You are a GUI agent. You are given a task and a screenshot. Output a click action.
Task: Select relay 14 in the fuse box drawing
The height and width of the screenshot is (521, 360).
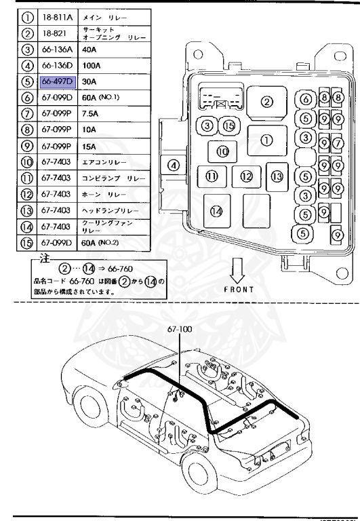(x=216, y=210)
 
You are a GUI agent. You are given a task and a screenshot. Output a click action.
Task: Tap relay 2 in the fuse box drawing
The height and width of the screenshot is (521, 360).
(x=266, y=102)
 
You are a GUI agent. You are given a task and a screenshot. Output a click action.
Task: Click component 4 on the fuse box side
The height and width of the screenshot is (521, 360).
(x=173, y=164)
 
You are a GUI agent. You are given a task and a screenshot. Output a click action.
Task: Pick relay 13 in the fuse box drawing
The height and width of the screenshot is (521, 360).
(x=277, y=176)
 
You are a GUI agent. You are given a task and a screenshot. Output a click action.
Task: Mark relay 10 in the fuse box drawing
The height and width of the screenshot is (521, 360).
(x=222, y=151)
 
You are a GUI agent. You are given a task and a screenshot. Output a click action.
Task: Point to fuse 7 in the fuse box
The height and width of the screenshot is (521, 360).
(x=337, y=142)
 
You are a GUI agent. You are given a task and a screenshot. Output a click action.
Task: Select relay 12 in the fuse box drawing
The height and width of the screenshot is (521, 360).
(x=245, y=176)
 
